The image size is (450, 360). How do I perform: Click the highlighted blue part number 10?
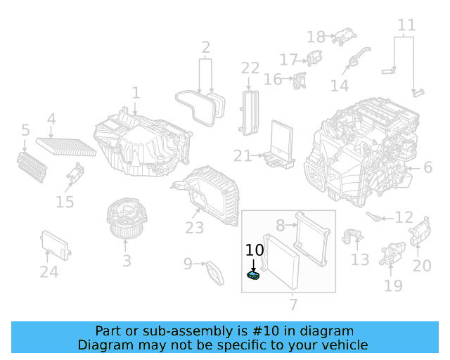click(254, 276)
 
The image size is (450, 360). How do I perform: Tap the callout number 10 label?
click(254, 250)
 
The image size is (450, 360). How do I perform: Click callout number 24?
click(49, 272)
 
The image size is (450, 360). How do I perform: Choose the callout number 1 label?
click(136, 93)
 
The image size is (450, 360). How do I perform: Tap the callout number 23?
click(194, 228)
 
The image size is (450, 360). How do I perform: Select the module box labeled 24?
click(56, 243)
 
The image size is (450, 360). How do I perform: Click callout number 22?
click(250, 68)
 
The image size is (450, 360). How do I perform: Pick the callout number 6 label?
click(427, 167)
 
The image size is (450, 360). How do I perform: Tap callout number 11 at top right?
click(406, 26)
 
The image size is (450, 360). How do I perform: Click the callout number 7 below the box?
click(293, 305)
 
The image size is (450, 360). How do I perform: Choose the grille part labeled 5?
click(32, 165)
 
